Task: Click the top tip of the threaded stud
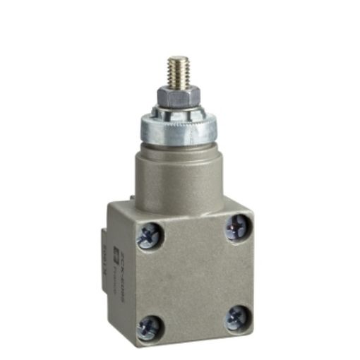click(176, 59)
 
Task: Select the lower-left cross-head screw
click(151, 326)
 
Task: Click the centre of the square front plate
click(194, 277)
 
